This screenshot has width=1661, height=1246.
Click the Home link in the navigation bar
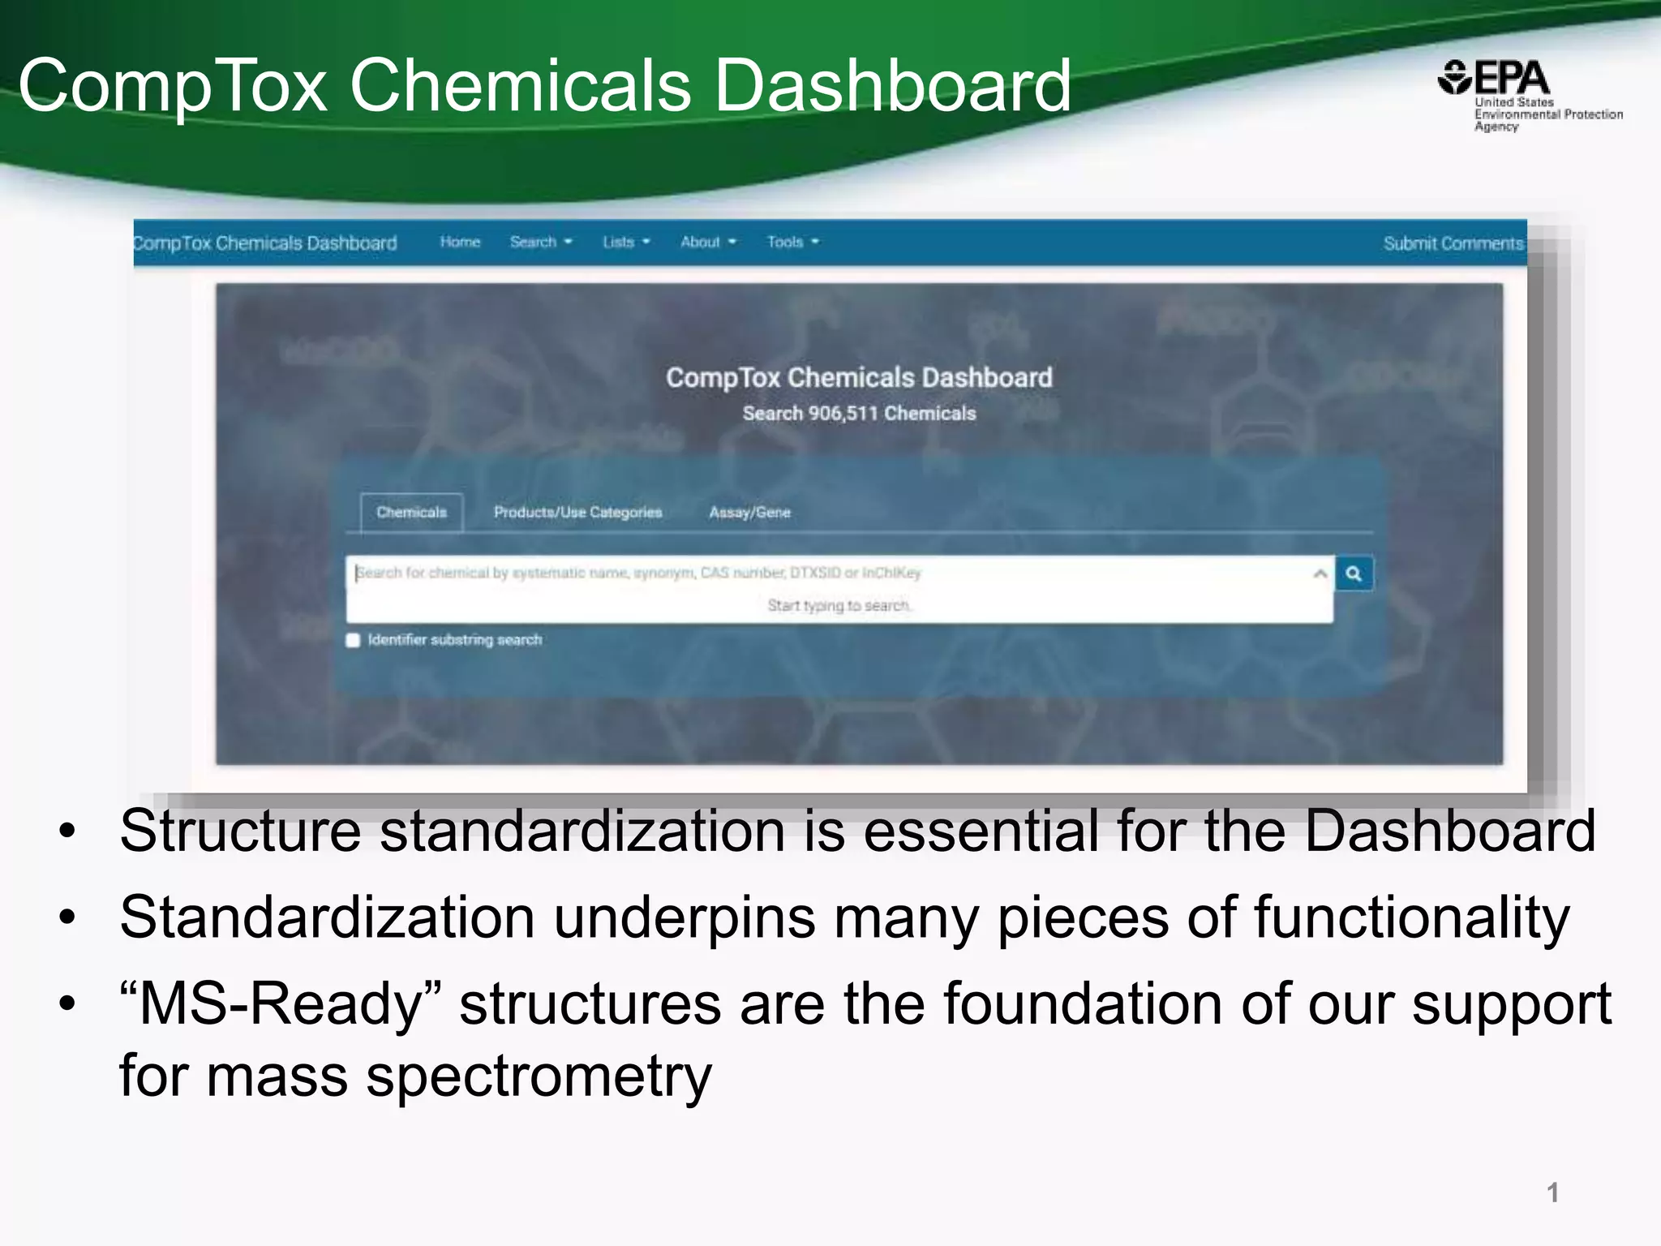pyautogui.click(x=460, y=242)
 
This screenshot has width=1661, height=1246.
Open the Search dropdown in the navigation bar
pyautogui.click(x=540, y=242)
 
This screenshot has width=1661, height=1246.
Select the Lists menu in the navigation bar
pyautogui.click(x=625, y=242)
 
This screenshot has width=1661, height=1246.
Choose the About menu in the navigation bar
pyautogui.click(x=707, y=242)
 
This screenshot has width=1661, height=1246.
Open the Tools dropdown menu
pyautogui.click(x=792, y=242)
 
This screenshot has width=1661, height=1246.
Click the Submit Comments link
pyautogui.click(x=1453, y=243)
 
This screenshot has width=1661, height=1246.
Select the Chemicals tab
pyautogui.click(x=411, y=512)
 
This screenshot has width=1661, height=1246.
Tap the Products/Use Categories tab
pyautogui.click(x=577, y=512)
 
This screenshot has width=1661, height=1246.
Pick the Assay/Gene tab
pyautogui.click(x=749, y=512)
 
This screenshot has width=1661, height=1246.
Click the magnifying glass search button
pyautogui.click(x=1354, y=574)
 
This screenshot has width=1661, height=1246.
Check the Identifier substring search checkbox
pyautogui.click(x=353, y=640)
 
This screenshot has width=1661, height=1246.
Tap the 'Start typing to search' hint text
pyautogui.click(x=839, y=605)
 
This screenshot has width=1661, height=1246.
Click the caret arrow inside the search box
pyautogui.click(x=1320, y=574)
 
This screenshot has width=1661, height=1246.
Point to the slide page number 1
pyautogui.click(x=1552, y=1192)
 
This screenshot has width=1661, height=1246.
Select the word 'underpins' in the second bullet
pyautogui.click(x=685, y=917)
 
